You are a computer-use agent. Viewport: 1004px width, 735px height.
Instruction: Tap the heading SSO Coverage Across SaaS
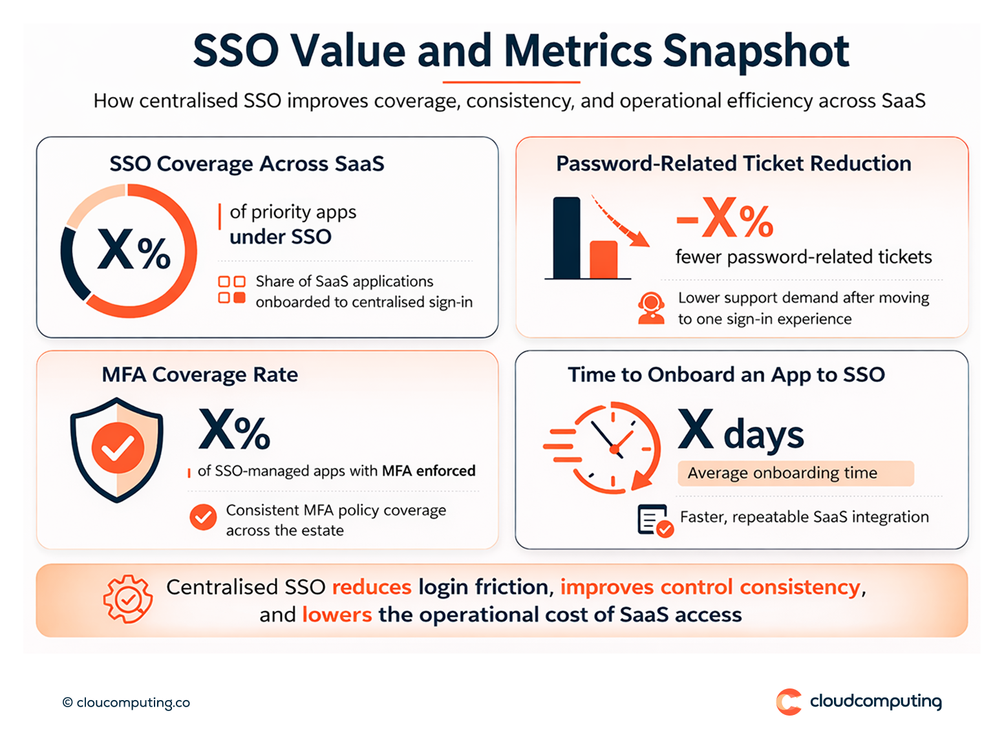(246, 164)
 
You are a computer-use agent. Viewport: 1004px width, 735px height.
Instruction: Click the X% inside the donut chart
(134, 250)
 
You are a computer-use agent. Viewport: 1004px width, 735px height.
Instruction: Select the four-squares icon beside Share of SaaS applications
(231, 290)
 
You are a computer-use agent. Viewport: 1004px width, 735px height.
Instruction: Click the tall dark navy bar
(567, 237)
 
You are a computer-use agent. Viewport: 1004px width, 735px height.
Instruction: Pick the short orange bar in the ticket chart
(603, 259)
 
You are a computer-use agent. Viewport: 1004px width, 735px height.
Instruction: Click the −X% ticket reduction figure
(725, 218)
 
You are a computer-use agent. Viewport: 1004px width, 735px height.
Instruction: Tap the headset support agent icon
(651, 308)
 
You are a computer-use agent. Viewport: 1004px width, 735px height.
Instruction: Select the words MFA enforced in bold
(428, 471)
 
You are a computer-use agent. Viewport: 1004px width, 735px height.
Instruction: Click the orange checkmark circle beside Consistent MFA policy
(203, 517)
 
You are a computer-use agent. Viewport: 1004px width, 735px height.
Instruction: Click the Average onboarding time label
(782, 473)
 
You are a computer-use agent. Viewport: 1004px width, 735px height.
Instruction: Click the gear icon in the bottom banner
(128, 599)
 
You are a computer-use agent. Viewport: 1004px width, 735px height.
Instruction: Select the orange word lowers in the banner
(337, 614)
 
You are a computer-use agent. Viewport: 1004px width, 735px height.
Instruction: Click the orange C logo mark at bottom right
(789, 702)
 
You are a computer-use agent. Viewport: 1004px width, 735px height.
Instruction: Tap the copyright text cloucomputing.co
(127, 703)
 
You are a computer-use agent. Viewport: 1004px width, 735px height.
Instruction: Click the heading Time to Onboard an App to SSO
(726, 375)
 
